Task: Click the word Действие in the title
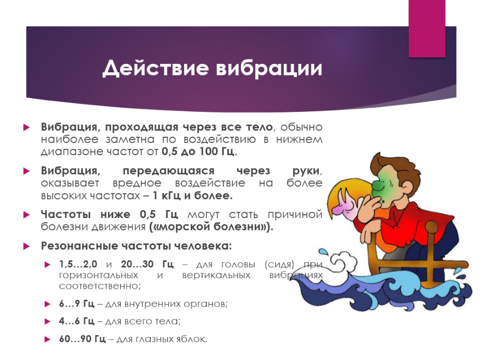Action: click(155, 68)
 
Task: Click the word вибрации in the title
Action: click(269, 68)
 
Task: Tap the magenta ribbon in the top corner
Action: click(427, 29)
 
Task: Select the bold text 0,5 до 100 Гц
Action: click(198, 151)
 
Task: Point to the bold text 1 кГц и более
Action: click(192, 195)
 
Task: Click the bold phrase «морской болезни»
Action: click(211, 227)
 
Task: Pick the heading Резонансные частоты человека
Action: click(136, 246)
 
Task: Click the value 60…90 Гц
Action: click(82, 339)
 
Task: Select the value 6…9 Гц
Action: click(76, 304)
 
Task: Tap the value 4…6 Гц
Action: click(76, 321)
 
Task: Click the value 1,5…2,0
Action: click(78, 264)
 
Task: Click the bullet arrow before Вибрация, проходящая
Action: click(27, 127)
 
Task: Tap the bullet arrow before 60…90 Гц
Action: click(47, 339)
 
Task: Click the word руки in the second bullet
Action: click(306, 170)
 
